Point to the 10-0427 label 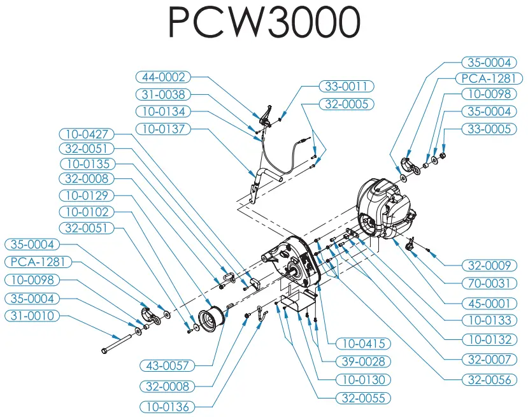pyautogui.click(x=87, y=134)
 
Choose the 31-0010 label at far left pyautogui.click(x=32, y=316)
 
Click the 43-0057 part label pyautogui.click(x=168, y=365)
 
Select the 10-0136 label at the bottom pyautogui.click(x=168, y=406)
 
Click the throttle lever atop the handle pyautogui.click(x=266, y=115)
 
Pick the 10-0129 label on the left pyautogui.click(x=87, y=195)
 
